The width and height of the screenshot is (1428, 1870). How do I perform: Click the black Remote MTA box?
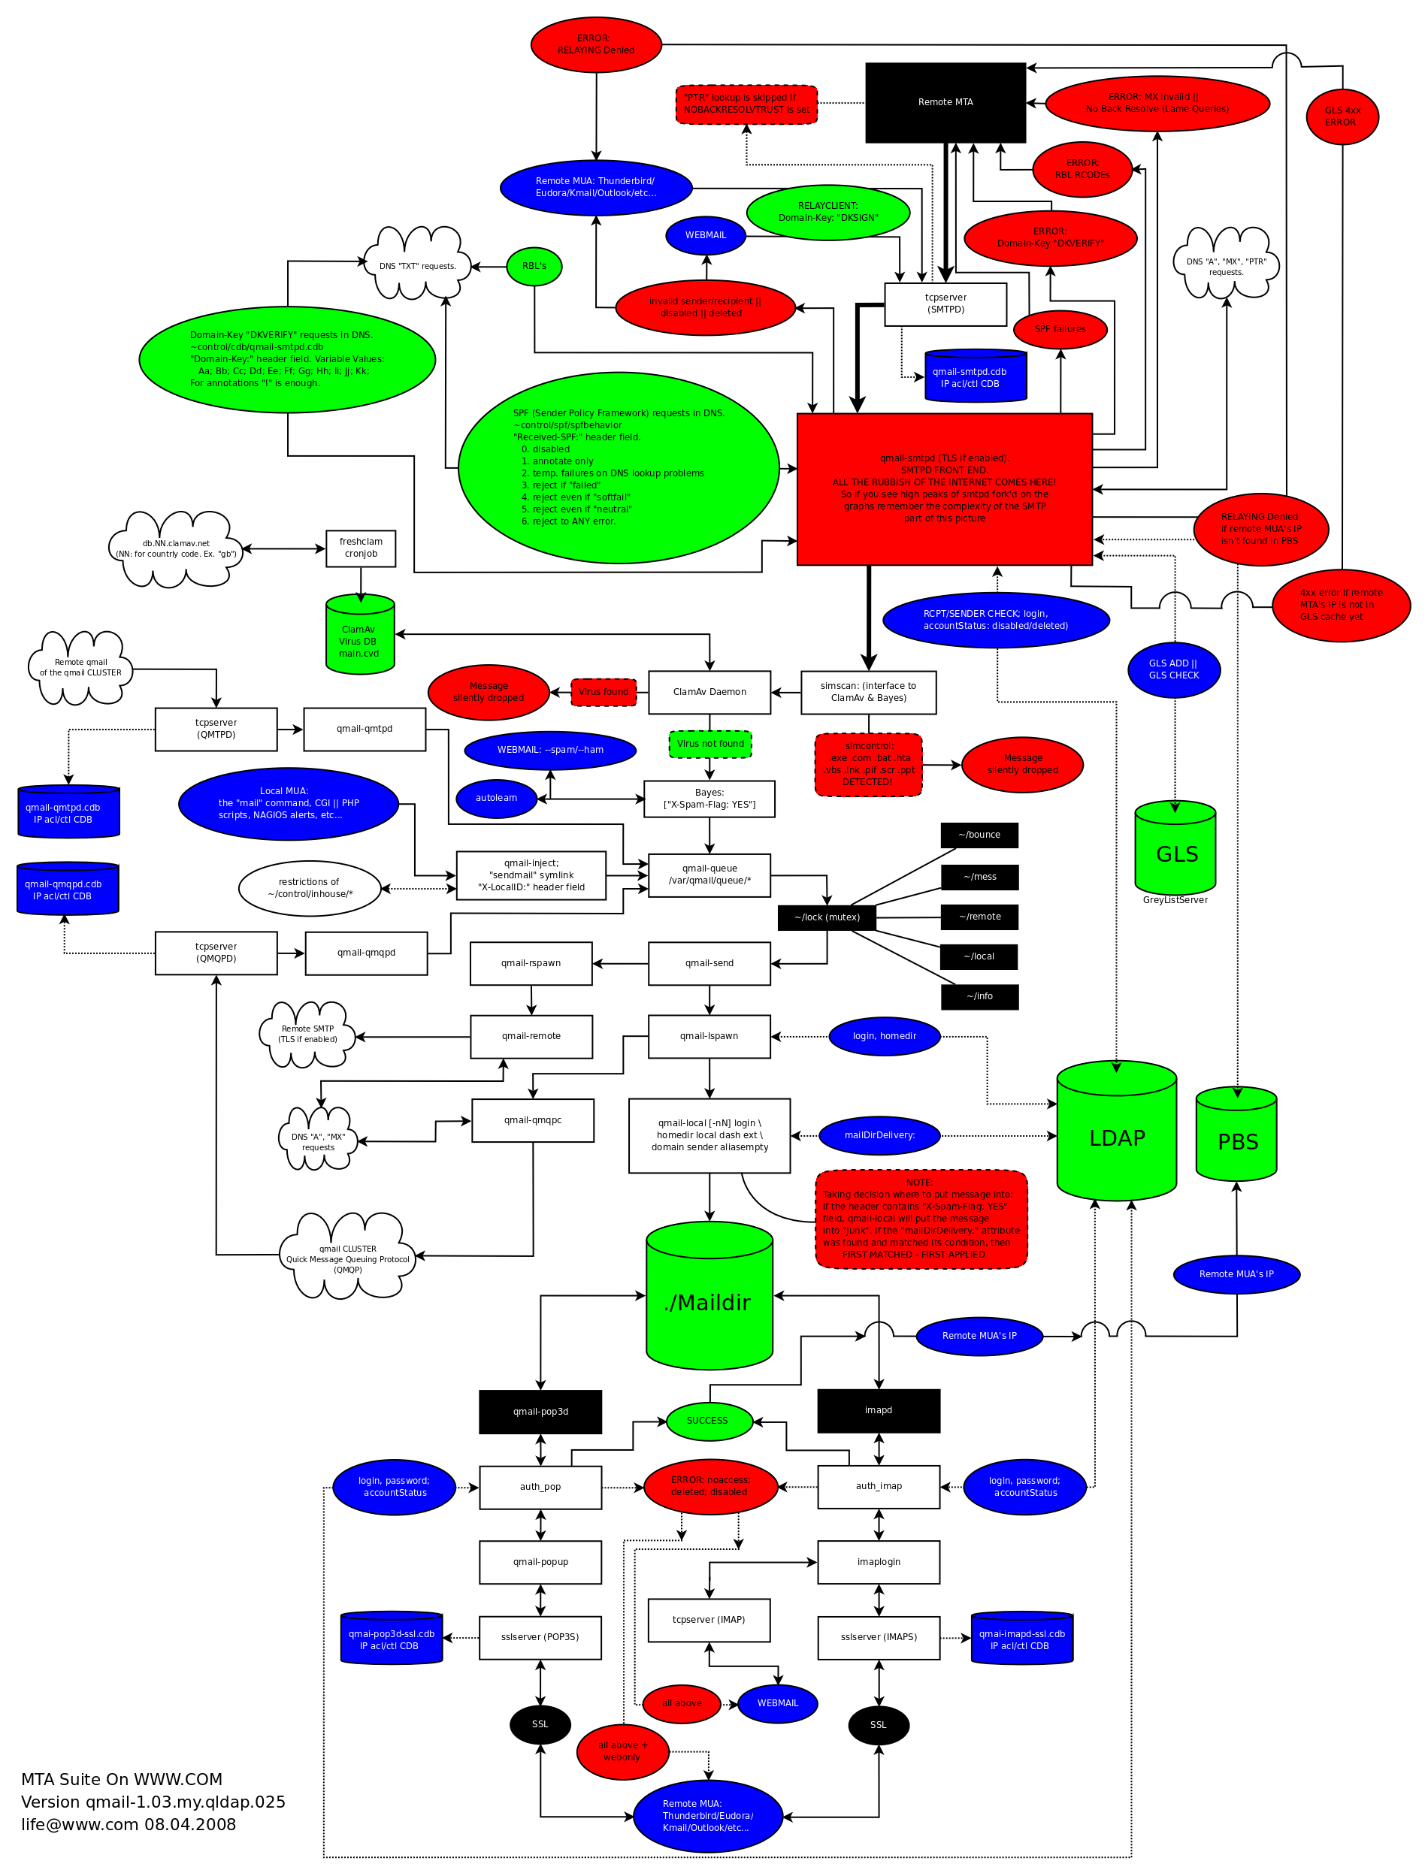pos(945,103)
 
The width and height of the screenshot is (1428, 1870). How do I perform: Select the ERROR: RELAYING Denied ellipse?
pos(596,45)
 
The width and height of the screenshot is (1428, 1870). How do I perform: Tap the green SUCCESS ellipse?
pos(709,1421)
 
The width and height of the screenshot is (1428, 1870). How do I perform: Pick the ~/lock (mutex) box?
pos(827,917)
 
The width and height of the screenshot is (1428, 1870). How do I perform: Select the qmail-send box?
pos(709,963)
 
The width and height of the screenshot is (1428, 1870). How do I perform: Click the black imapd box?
pos(878,1410)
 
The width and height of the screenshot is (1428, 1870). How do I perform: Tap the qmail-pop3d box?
pos(540,1412)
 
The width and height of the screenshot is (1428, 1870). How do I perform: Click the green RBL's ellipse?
pos(534,267)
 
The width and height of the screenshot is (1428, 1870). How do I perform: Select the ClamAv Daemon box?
pos(709,693)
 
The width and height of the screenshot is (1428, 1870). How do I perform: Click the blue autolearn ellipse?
pos(496,799)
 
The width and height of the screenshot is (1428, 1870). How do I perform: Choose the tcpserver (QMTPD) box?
pos(216,730)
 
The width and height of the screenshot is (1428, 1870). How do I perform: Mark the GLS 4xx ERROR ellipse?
pos(1342,116)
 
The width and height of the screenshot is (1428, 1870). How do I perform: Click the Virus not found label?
pos(709,745)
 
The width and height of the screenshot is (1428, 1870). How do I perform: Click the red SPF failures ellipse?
pos(1060,330)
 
